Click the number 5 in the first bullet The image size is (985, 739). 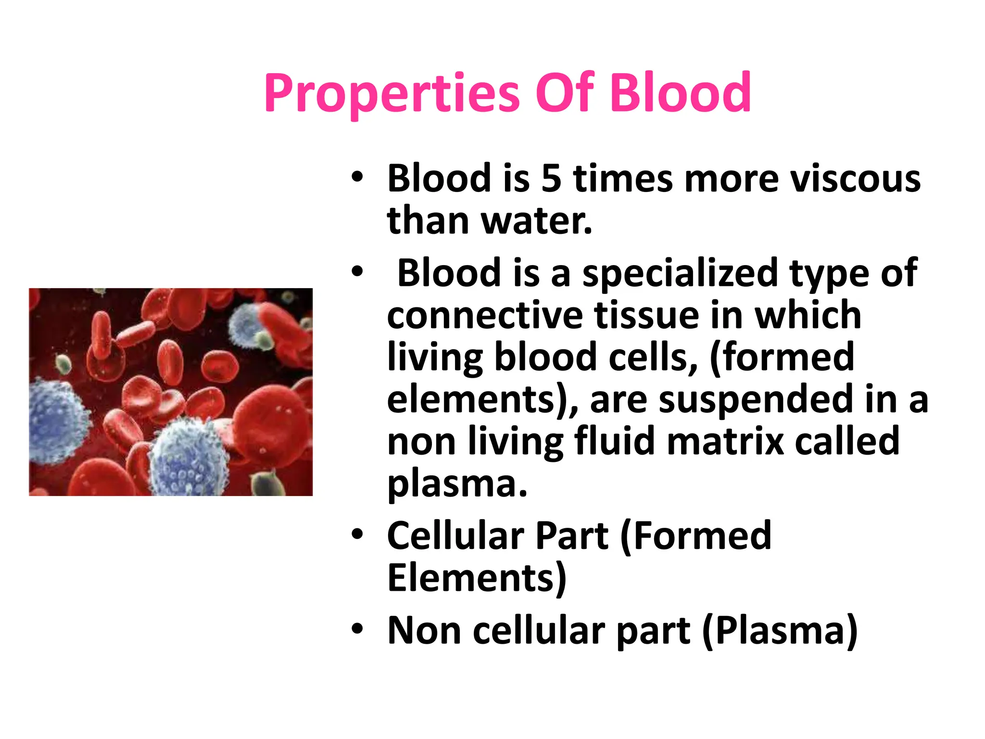coord(551,178)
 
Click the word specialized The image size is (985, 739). coord(680,273)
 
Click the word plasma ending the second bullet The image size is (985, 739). coord(457,484)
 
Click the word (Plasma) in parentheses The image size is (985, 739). coord(780,630)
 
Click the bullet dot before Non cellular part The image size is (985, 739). coord(357,629)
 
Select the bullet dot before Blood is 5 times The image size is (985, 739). coord(357,177)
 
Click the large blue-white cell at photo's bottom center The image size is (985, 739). coord(188,459)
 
